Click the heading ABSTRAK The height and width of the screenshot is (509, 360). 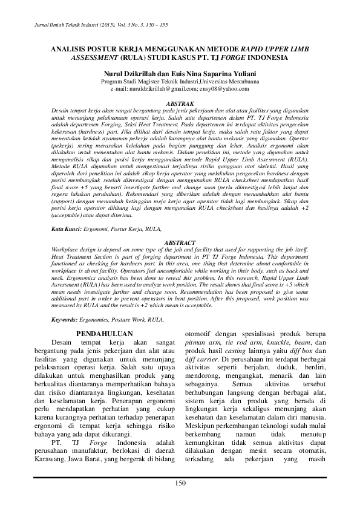point(180,104)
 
